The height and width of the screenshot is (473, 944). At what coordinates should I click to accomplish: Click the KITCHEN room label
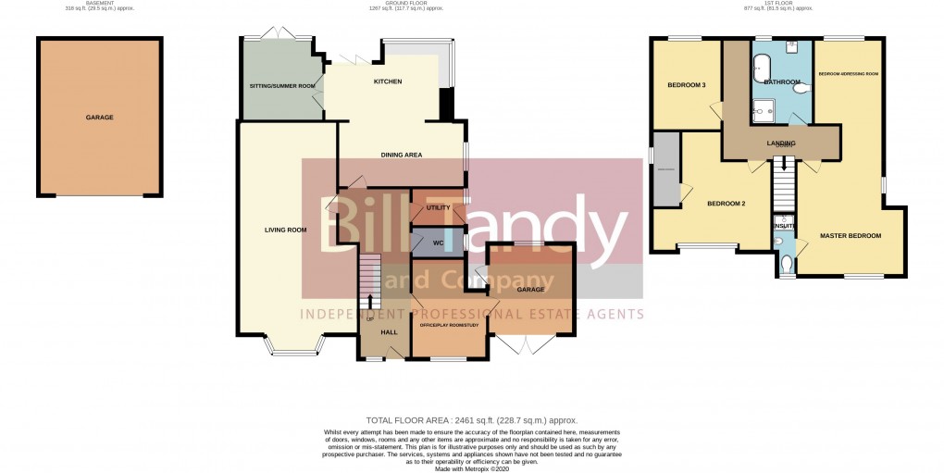click(387, 82)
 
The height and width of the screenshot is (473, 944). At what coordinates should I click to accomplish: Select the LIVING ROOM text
click(285, 230)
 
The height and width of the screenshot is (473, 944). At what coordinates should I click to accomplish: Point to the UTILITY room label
click(438, 207)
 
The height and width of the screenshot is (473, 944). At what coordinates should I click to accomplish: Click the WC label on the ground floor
click(438, 243)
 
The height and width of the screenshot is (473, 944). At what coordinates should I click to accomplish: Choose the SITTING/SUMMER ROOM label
click(282, 86)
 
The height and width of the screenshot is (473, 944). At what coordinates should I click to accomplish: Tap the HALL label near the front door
click(390, 331)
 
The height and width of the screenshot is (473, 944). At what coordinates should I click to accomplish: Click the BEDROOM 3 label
click(687, 86)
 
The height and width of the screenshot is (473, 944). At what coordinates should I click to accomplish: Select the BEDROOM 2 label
click(727, 204)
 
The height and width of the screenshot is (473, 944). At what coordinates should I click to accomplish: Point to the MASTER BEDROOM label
click(851, 236)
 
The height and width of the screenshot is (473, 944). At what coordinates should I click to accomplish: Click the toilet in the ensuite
click(785, 268)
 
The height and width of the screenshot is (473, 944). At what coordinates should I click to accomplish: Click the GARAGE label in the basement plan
click(99, 118)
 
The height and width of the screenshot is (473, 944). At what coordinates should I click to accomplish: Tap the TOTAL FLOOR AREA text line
click(471, 421)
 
